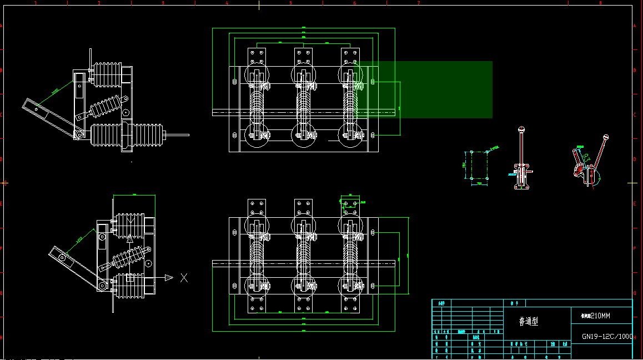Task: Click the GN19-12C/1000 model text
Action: [x=607, y=336]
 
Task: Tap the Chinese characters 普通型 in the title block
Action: [x=528, y=321]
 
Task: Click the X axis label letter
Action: [x=184, y=278]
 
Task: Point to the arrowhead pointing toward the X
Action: [x=169, y=278]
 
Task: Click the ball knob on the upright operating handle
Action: [x=521, y=130]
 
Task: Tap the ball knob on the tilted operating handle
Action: [x=606, y=137]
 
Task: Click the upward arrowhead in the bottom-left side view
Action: [x=130, y=237]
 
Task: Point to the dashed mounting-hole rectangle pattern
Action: [x=479, y=165]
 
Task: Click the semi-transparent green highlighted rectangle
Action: [x=444, y=89]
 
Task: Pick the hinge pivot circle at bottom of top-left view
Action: [x=79, y=134]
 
